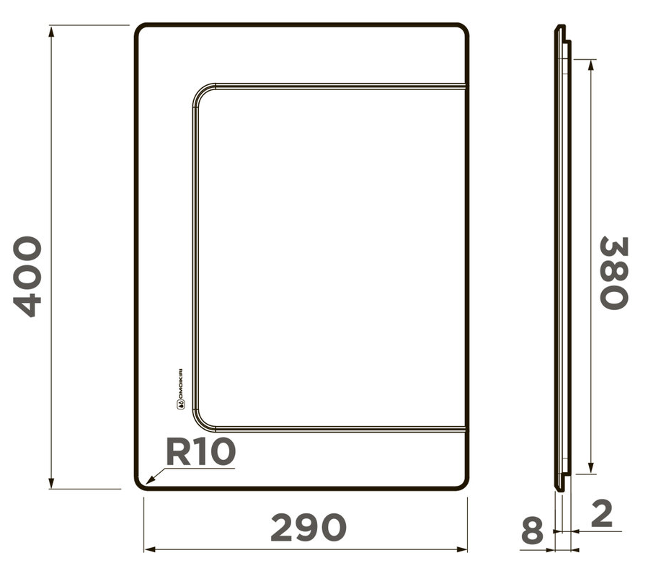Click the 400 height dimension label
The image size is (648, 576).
point(29,276)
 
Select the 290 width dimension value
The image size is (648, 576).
point(308,528)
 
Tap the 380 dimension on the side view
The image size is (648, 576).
point(615,273)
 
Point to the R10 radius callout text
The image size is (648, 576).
point(200,452)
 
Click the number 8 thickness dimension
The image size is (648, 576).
point(532,532)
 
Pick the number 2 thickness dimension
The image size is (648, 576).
point(601,513)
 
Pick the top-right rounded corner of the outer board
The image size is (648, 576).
point(463,30)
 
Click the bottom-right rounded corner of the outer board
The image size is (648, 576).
point(463,484)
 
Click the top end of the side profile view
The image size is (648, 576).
point(559,29)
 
